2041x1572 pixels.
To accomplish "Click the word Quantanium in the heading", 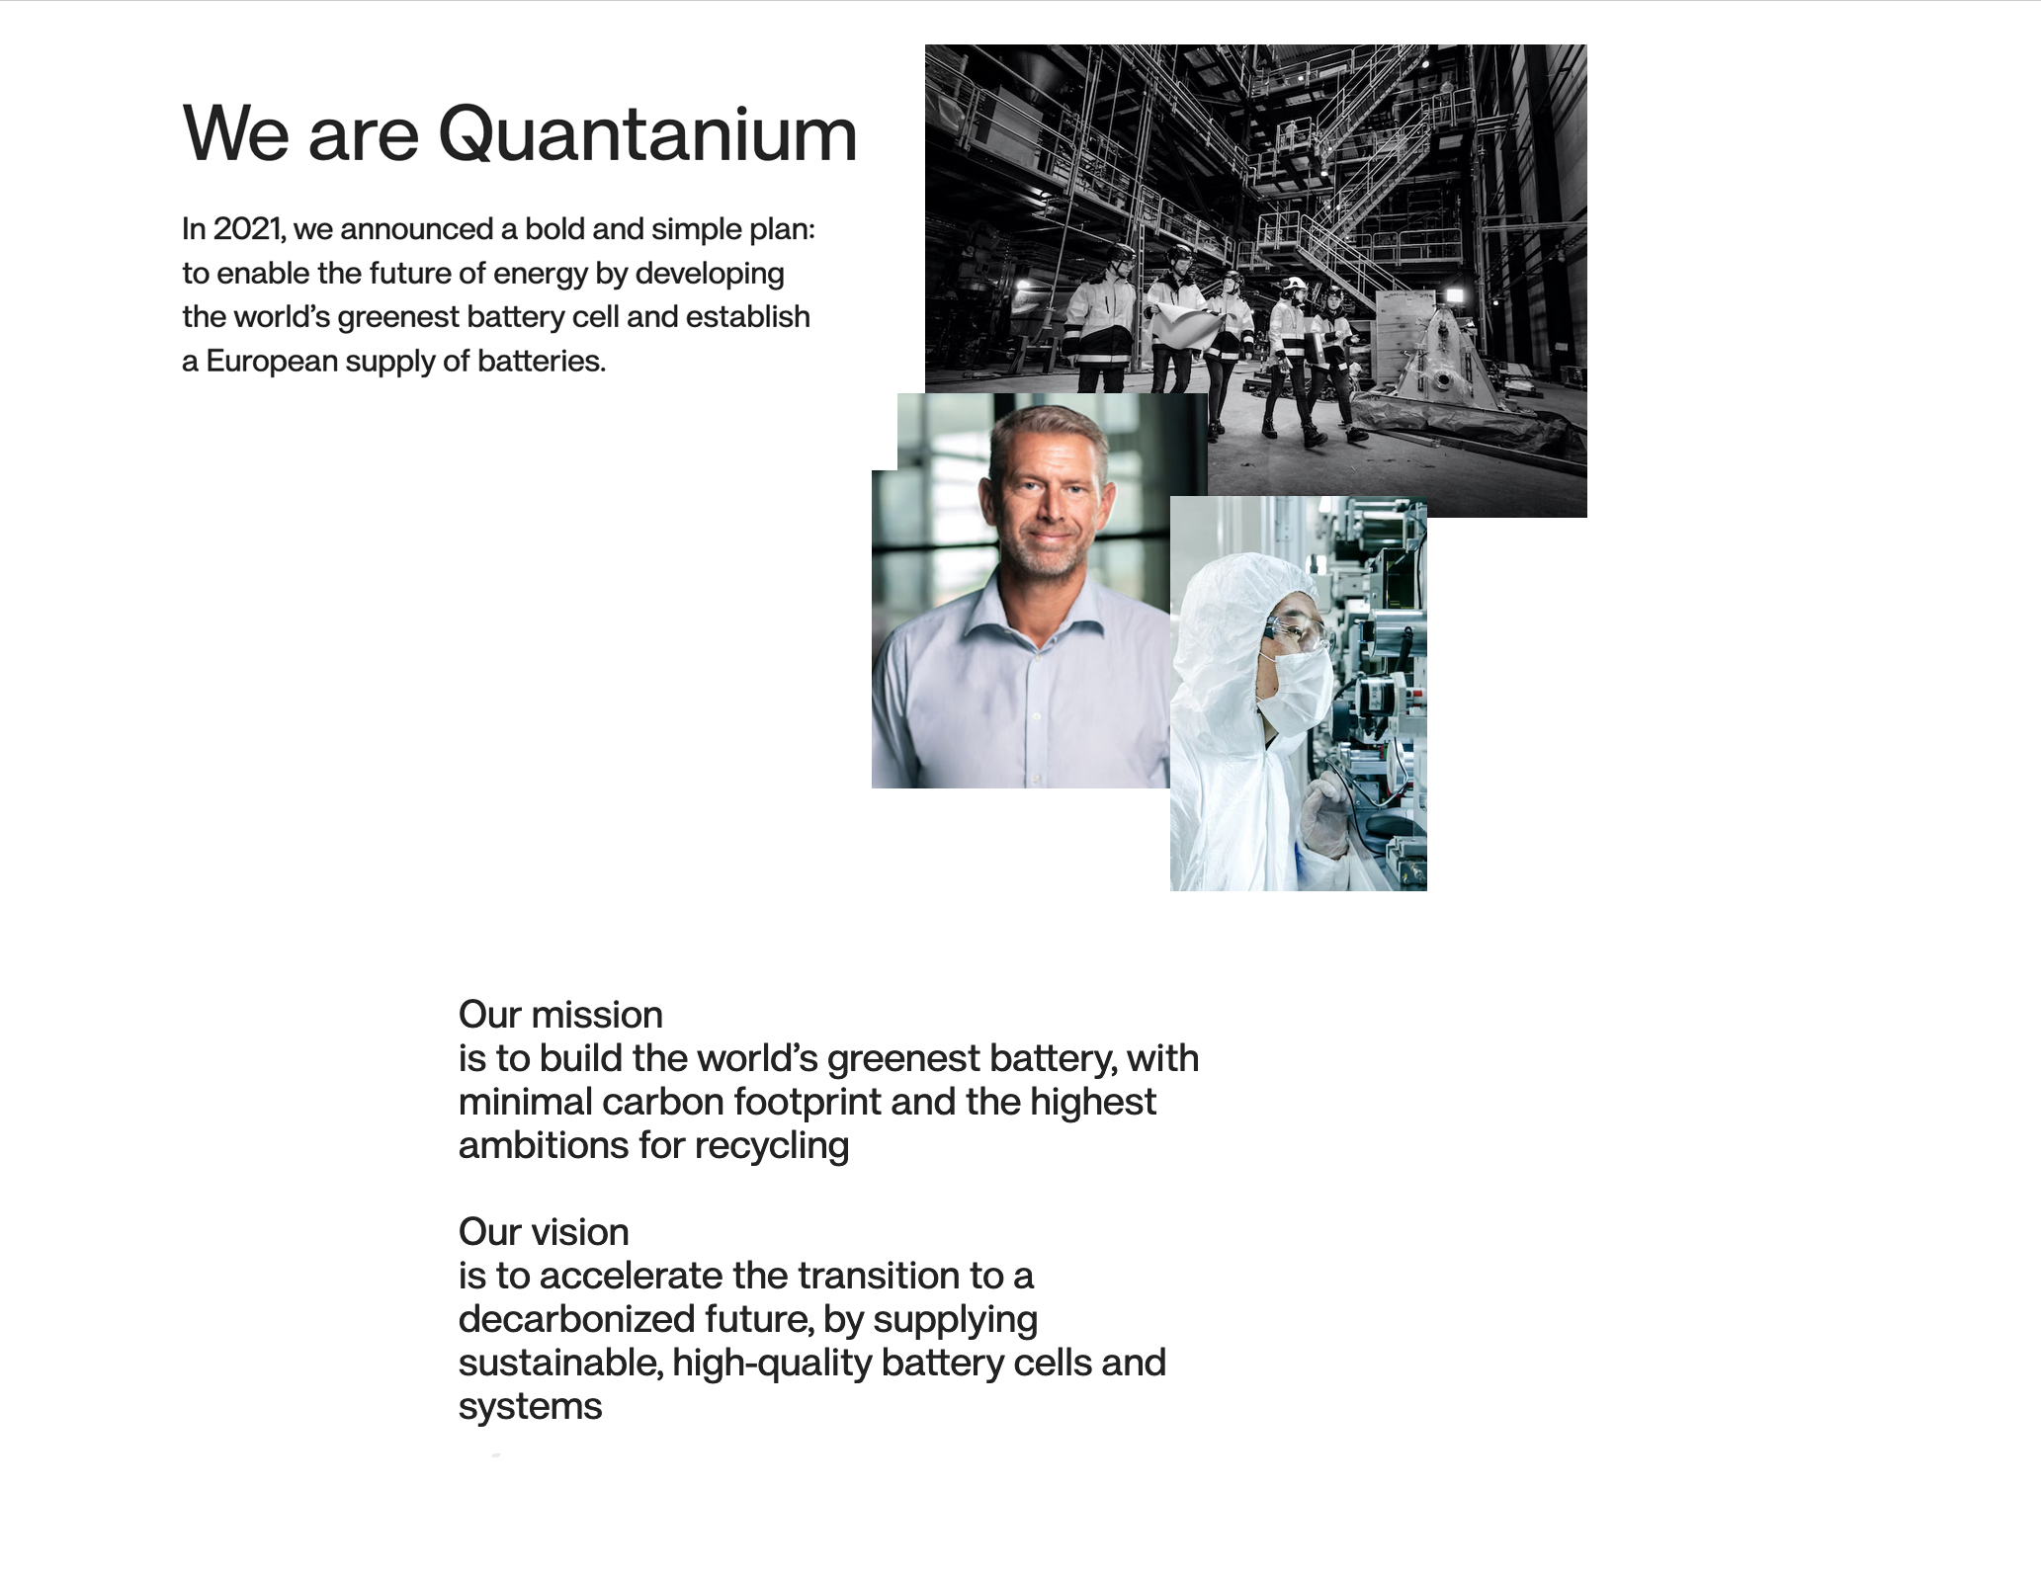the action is pyautogui.click(x=647, y=133).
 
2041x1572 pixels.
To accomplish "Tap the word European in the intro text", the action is pyautogui.click(x=272, y=362).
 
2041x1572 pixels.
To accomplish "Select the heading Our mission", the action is pyautogui.click(x=560, y=1015).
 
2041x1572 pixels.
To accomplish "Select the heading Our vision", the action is pyautogui.click(x=544, y=1232).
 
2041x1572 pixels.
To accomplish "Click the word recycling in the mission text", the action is pyautogui.click(x=771, y=1146).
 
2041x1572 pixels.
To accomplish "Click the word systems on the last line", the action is pyautogui.click(x=530, y=1407).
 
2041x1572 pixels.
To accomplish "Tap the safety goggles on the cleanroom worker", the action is pyautogui.click(x=1300, y=632).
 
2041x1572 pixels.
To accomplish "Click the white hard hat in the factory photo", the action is pyautogui.click(x=1292, y=286).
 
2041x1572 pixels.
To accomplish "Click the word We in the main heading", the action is pyautogui.click(x=235, y=133).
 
